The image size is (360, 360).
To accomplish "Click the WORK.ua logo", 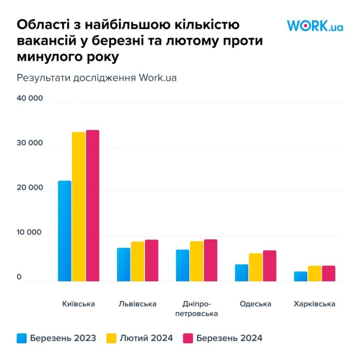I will [x=315, y=26].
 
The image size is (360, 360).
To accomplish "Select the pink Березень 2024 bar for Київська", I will [x=92, y=206].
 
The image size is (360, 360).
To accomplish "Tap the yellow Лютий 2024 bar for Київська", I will [x=79, y=207].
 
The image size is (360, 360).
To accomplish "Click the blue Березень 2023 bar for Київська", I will [x=65, y=231].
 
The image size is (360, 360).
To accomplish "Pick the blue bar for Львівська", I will [x=124, y=265].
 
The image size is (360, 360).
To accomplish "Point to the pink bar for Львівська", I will [x=151, y=260].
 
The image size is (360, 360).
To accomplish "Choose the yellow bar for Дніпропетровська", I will [x=197, y=261].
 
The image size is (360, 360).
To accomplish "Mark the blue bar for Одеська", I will [x=242, y=273].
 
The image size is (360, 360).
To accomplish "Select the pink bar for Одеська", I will [x=269, y=266].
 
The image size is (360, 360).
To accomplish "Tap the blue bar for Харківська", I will [x=301, y=277].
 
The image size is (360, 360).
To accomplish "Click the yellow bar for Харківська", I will [x=315, y=274].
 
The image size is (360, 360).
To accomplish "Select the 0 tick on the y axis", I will [x=19, y=278].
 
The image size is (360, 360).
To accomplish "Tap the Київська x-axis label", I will [x=78, y=304].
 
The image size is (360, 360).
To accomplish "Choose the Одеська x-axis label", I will [x=256, y=304].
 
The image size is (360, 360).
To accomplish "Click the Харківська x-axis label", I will [x=315, y=304].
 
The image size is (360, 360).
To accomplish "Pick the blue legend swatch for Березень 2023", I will [x=21, y=338].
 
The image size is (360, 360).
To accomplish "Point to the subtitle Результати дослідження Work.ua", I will [x=97, y=78].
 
